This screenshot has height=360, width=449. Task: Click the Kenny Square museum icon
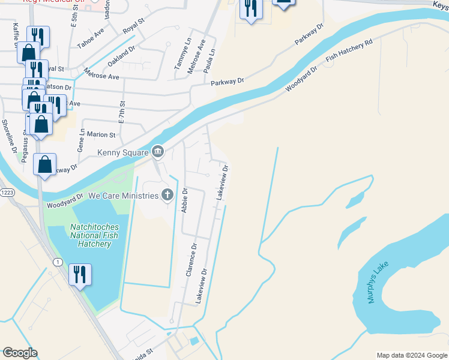(x=158, y=151)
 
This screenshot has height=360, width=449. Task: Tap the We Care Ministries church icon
(x=167, y=195)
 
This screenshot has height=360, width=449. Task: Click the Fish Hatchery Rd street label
(x=349, y=51)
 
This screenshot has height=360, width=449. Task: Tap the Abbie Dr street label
(x=184, y=200)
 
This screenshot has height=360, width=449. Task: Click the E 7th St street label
(x=121, y=112)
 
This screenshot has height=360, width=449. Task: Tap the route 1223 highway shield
(x=7, y=192)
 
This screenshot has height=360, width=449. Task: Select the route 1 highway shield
(x=58, y=262)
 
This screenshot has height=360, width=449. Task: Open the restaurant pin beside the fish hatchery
(x=79, y=274)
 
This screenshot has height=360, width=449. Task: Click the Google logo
(x=20, y=353)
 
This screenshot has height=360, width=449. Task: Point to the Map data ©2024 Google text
(x=411, y=355)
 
